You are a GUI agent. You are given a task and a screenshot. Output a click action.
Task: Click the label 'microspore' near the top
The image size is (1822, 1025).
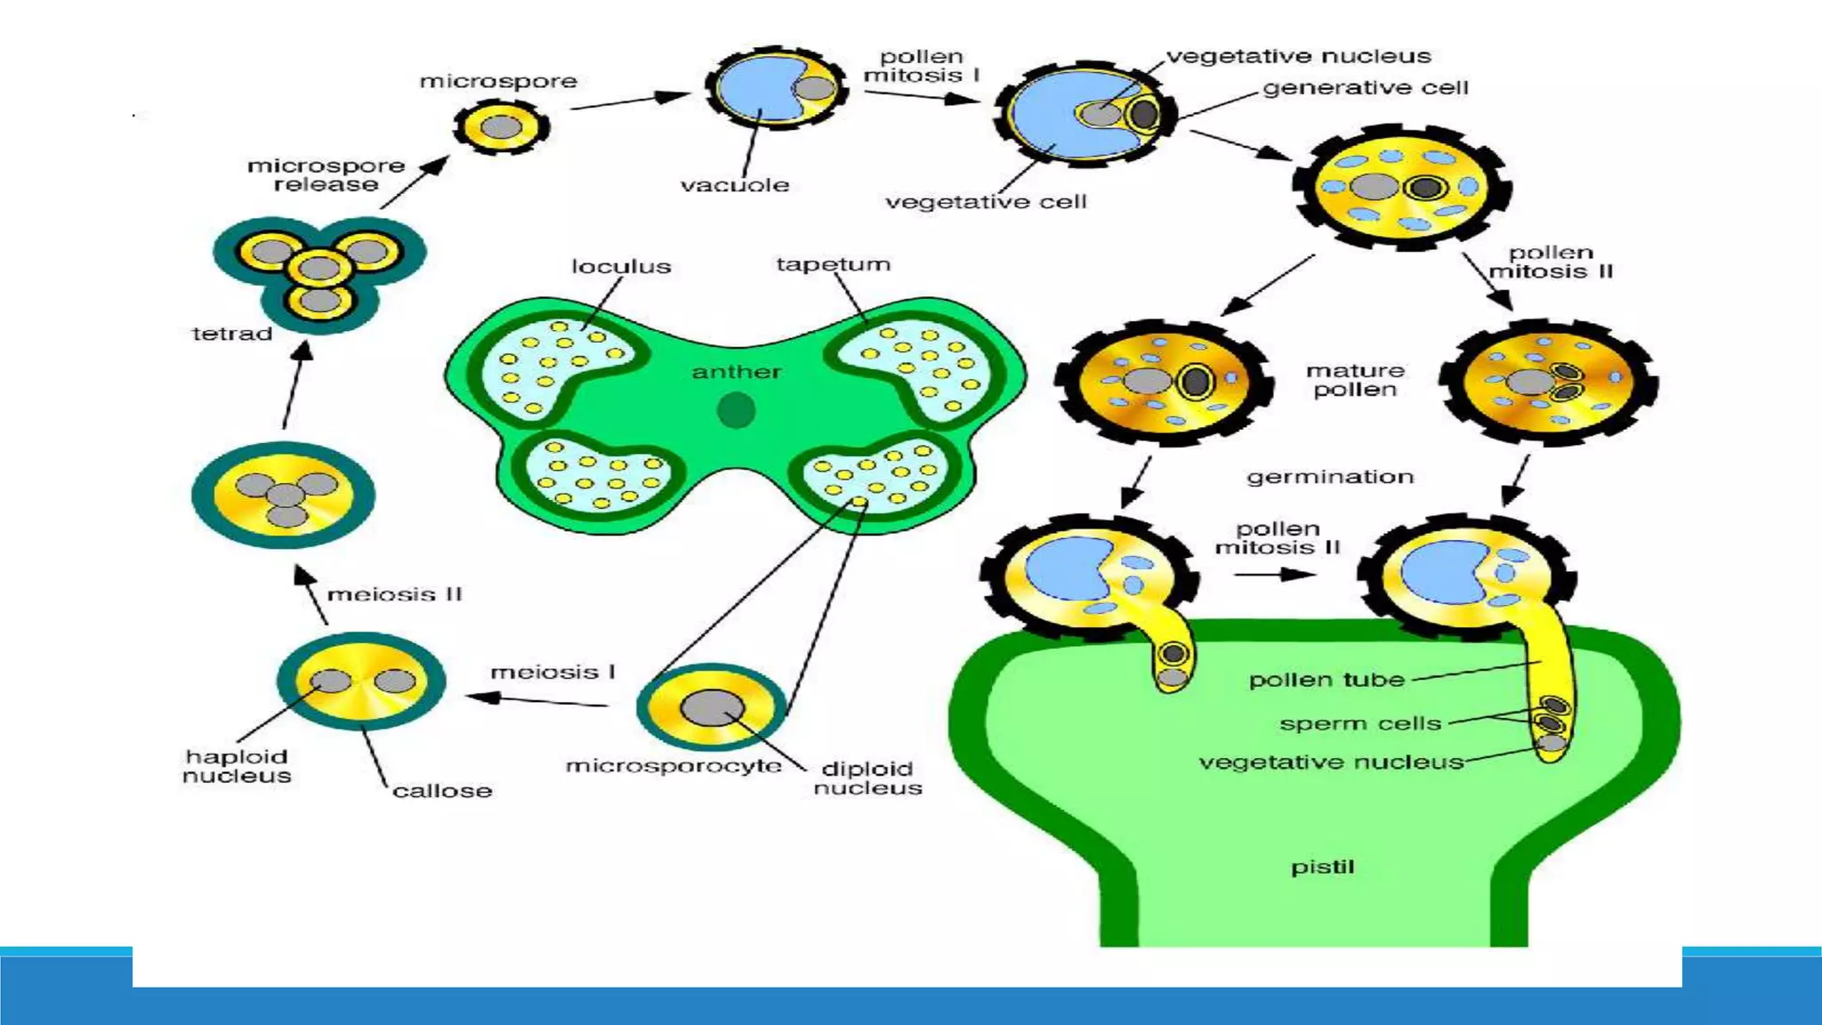click(x=498, y=81)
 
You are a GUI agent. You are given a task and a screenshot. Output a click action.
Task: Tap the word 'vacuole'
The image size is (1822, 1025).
click(x=735, y=185)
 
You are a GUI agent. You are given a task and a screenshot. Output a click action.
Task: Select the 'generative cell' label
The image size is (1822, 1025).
click(x=1365, y=88)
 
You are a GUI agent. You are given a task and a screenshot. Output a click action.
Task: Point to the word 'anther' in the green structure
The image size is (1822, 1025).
click(x=737, y=372)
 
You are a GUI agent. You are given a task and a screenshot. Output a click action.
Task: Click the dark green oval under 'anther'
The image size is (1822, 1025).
click(x=736, y=411)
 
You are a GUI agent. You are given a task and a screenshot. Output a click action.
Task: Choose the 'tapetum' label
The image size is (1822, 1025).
click(x=833, y=264)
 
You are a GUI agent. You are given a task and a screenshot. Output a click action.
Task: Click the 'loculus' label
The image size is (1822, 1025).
click(x=621, y=266)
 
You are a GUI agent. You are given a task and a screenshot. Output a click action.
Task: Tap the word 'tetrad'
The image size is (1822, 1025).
click(x=232, y=334)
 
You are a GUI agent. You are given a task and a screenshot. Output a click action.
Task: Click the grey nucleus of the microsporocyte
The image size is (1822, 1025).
click(x=712, y=708)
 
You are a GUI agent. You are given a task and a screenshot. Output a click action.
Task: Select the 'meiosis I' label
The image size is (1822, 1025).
click(x=552, y=672)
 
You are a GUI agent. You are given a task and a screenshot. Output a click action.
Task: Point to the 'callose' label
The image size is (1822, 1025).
click(x=442, y=790)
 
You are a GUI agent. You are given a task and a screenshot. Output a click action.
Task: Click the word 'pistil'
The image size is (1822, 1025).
click(x=1322, y=867)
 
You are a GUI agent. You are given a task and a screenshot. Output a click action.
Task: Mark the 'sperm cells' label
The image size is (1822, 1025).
click(x=1359, y=723)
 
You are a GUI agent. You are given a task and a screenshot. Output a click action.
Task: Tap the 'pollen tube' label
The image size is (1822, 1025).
click(x=1326, y=680)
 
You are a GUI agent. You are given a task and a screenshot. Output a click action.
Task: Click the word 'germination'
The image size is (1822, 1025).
click(x=1330, y=477)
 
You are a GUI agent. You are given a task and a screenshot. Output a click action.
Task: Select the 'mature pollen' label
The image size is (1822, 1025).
click(x=1355, y=380)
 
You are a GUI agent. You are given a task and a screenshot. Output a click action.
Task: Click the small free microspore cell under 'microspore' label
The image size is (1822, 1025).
click(x=501, y=127)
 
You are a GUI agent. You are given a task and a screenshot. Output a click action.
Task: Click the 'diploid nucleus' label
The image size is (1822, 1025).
click(x=867, y=779)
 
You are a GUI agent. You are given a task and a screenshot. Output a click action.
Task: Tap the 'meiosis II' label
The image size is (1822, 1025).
click(x=394, y=594)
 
